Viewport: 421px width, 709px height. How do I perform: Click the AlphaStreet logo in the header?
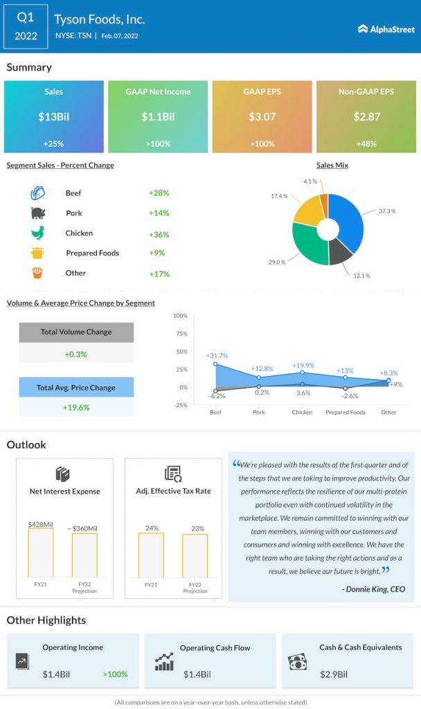(x=386, y=29)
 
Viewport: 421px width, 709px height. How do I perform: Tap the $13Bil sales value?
(x=53, y=117)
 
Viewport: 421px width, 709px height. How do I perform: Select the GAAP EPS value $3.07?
(x=262, y=117)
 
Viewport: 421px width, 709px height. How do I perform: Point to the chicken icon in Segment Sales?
(x=37, y=233)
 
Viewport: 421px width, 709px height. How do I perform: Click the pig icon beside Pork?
(x=37, y=213)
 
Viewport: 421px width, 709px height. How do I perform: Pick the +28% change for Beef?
(x=159, y=193)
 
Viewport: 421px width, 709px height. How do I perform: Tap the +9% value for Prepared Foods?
(x=156, y=253)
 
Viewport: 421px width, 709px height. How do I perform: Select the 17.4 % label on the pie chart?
(x=280, y=197)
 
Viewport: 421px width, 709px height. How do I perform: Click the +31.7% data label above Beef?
(x=217, y=355)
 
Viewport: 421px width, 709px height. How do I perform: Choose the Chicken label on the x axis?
(x=302, y=412)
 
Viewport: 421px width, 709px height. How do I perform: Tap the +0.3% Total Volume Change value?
(x=76, y=354)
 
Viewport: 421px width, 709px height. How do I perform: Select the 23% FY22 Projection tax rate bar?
(x=195, y=555)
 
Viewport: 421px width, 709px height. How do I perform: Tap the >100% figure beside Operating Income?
(x=115, y=674)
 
